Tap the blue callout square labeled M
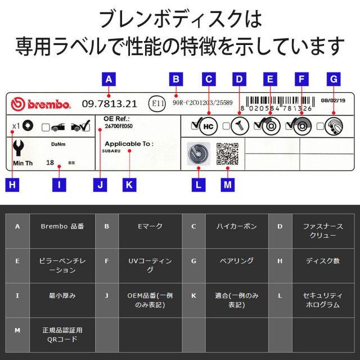click(x=227, y=184)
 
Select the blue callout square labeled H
click(x=13, y=184)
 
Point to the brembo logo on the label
click(x=41, y=105)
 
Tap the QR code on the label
click(x=227, y=153)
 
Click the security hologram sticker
click(x=197, y=153)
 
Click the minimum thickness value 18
click(x=49, y=162)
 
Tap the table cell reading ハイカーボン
click(x=236, y=226)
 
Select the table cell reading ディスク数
click(x=322, y=260)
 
